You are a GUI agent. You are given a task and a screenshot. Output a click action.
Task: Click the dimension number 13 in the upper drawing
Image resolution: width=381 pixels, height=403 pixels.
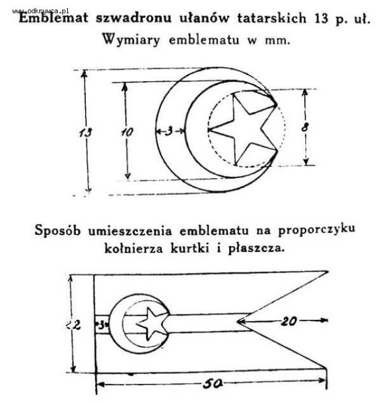[x=86, y=133]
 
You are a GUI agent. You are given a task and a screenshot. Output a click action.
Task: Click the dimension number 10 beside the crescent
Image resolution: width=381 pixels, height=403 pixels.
[x=127, y=132]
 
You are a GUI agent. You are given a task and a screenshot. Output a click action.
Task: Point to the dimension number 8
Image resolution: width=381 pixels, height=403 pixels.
[x=305, y=127]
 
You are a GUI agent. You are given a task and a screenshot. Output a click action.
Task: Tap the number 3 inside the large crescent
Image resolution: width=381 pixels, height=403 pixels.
[x=168, y=131]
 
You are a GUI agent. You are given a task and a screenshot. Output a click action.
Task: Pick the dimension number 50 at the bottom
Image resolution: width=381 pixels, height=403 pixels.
[x=213, y=384]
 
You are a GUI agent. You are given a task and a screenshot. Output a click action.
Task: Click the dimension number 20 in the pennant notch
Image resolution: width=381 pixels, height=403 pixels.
[x=289, y=321]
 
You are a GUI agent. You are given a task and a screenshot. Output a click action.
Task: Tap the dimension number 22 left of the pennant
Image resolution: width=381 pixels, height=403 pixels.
[x=74, y=325]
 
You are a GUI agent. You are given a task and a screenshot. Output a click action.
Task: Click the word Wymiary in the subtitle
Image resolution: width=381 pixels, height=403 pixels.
[x=131, y=40]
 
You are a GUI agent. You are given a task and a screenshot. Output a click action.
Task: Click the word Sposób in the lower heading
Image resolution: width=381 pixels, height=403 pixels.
[x=58, y=230]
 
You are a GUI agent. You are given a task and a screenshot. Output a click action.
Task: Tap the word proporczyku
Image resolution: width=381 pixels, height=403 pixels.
[x=316, y=229]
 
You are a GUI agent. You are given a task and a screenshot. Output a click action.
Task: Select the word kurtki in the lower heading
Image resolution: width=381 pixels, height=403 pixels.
[x=190, y=248]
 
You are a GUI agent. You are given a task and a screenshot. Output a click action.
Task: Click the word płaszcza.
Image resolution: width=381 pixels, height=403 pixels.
[x=257, y=248]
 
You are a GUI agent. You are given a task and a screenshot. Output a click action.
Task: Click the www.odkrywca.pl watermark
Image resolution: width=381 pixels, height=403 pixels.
[x=40, y=11]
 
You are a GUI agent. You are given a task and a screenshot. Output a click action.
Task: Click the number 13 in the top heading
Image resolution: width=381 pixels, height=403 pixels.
[x=321, y=18]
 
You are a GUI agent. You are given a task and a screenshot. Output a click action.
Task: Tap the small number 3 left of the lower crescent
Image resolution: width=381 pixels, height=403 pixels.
[x=101, y=325]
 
